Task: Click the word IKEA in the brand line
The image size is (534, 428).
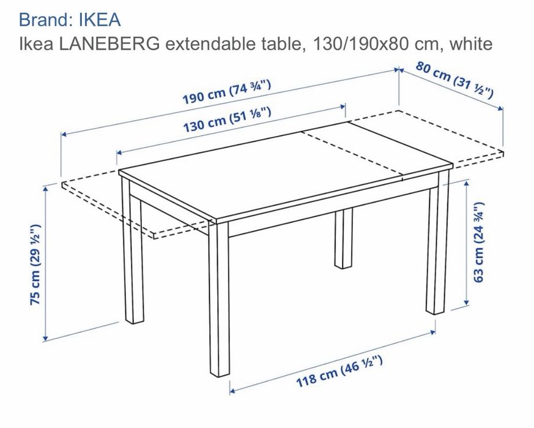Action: coord(100,20)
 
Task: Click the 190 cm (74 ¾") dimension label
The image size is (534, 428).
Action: coord(227,92)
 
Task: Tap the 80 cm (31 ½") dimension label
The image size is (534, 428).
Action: coord(454,80)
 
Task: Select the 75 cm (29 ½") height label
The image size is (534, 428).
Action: coord(35,265)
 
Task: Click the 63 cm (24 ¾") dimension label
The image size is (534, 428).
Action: coord(478,242)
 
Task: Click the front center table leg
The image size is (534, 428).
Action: coord(219,298)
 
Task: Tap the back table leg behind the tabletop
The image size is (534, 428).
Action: coord(343,238)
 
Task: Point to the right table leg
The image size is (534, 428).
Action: coord(437,242)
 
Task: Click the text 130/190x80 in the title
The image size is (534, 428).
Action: coord(360,44)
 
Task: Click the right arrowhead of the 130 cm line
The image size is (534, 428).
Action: coord(343,107)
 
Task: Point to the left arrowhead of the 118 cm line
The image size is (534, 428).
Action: coord(232,391)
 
